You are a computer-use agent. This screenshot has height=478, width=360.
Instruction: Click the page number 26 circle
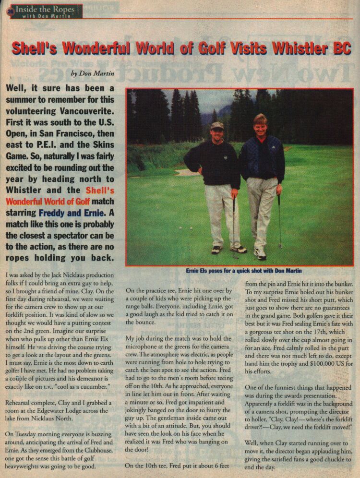[9, 12]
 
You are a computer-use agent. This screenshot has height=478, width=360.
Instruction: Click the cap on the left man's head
[217, 126]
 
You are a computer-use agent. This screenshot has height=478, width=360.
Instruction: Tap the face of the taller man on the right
[260, 125]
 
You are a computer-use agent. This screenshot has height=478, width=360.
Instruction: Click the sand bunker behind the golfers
[185, 172]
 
